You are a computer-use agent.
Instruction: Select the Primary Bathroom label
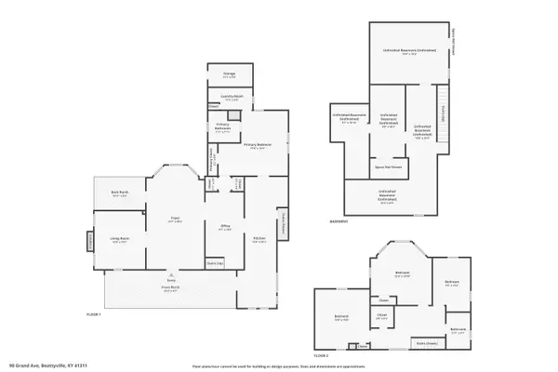pyautogui.click(x=223, y=130)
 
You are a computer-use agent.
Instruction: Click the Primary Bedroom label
pyautogui.click(x=258, y=146)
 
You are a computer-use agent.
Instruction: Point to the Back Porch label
pyautogui.click(x=118, y=195)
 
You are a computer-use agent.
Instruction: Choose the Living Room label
pyautogui.click(x=117, y=241)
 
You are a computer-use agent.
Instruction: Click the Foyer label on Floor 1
pyautogui.click(x=174, y=219)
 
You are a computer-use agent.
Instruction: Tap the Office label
pyautogui.click(x=225, y=228)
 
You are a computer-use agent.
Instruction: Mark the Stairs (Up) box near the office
pyautogui.click(x=215, y=263)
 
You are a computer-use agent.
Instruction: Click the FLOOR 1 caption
pyautogui.click(x=93, y=315)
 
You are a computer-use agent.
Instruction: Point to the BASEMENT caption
pyautogui.click(x=339, y=222)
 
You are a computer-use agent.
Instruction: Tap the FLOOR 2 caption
pyautogui.click(x=321, y=354)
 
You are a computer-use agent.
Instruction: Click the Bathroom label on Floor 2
pyautogui.click(x=458, y=329)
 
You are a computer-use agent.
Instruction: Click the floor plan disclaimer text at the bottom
pyautogui.click(x=278, y=365)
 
